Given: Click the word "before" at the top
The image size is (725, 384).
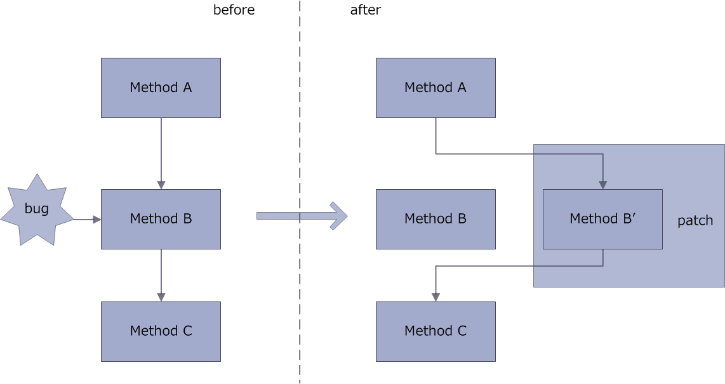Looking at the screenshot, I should pos(234,10).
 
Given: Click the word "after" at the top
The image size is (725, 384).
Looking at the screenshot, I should pos(365,10).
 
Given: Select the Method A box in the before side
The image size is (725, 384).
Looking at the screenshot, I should pos(161,88).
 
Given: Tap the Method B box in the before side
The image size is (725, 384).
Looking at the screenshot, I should pos(161,219).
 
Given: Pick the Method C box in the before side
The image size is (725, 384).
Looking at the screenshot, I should pos(161,331).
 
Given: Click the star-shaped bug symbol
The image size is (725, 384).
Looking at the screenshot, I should pos(37,209).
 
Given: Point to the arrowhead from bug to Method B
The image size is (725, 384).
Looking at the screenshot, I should pos(96,220).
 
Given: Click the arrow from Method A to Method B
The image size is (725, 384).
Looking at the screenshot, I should pos(161,152).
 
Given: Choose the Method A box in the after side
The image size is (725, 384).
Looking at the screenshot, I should pos(436,88).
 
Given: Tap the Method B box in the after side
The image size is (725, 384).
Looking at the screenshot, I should pos(436,219).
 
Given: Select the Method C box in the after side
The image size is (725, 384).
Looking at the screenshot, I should pos(436,331).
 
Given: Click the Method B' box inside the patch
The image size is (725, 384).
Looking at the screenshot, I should pos(602,219).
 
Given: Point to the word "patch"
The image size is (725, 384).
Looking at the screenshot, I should pos(695,221).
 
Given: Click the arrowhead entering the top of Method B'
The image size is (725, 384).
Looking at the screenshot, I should pos(602,185).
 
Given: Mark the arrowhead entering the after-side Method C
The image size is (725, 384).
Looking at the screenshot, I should pos(436,297).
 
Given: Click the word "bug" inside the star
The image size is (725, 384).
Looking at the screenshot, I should pos(37,209).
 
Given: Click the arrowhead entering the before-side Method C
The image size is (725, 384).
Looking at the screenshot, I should pos(161,297).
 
